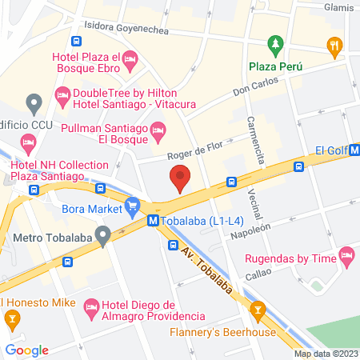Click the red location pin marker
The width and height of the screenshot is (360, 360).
(x=180, y=178)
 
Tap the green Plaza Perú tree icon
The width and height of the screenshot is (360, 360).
(x=276, y=42)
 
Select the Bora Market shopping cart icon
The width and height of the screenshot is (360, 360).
(x=133, y=209)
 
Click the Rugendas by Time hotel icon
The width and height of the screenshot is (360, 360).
(x=346, y=256)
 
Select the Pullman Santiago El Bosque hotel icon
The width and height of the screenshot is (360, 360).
(x=158, y=129)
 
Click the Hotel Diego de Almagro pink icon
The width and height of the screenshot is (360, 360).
(x=91, y=306)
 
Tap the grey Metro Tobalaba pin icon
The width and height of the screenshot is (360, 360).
(x=102, y=237)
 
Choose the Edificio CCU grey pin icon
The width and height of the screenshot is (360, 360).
(x=34, y=103)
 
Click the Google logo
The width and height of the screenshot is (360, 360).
(x=27, y=349)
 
